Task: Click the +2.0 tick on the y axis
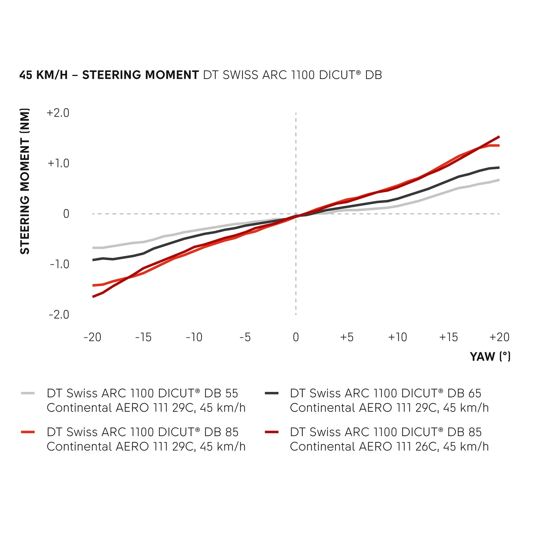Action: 58,113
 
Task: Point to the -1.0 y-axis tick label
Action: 59,264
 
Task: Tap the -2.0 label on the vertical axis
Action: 59,315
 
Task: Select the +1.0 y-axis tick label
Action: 58,163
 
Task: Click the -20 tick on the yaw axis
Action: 93,337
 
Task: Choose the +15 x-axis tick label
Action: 448,337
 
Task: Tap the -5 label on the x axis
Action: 245,337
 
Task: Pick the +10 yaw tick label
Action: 397,337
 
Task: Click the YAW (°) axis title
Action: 490,357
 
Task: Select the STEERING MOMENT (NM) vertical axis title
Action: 25,181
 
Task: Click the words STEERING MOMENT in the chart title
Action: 140,75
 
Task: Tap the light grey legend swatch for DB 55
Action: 28,393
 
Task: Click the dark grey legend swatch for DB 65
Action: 271,393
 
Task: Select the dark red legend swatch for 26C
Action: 271,432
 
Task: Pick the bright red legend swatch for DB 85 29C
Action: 28,432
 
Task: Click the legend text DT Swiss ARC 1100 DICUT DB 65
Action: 386,393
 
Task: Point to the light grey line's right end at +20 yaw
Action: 499,180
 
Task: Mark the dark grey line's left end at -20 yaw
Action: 93,260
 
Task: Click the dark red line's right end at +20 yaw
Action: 499,137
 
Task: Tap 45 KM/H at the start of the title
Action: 43,75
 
